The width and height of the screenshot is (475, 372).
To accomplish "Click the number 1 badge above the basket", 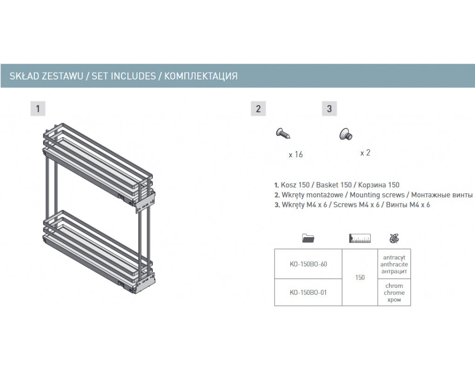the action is (38, 109).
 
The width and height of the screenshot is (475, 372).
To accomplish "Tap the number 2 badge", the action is (258, 109).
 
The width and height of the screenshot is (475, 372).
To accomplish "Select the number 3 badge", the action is (329, 109).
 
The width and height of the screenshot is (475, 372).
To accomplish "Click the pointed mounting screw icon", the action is (283, 133).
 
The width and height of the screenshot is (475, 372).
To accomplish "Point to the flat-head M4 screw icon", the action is (346, 134).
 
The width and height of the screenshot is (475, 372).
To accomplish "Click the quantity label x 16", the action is (296, 155).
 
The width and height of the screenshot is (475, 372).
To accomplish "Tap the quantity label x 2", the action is (365, 153).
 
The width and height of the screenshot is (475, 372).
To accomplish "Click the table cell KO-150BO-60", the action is (308, 264).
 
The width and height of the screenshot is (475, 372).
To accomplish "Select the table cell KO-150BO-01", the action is (308, 292).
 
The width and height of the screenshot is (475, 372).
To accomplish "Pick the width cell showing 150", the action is (360, 277).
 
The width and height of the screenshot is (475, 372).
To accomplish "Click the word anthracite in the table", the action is (394, 264).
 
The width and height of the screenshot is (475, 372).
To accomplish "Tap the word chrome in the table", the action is (394, 292).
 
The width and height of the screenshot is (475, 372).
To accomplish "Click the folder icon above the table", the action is (308, 238).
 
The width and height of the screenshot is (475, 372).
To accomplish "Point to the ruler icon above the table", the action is (360, 238).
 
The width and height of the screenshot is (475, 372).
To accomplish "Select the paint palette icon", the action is (394, 239).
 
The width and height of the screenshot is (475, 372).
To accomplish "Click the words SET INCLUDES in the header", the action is (124, 76).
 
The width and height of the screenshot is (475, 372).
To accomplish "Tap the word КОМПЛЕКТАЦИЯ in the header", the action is (201, 76).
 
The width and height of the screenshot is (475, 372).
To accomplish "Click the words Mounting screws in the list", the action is (377, 195).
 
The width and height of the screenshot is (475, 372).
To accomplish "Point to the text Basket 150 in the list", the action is (334, 185).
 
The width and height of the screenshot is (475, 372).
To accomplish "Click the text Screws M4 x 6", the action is (356, 205).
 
